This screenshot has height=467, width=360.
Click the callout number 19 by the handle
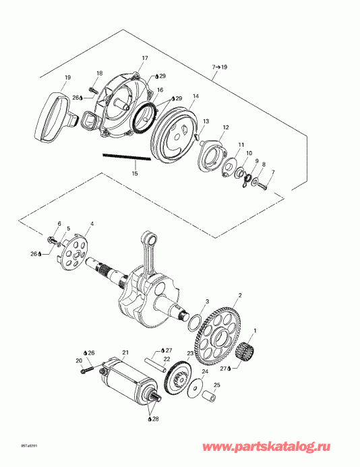click(x=67, y=78)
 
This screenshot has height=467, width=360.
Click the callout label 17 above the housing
click(x=143, y=59)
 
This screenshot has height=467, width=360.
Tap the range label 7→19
click(x=220, y=68)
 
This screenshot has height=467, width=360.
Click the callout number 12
click(x=226, y=127)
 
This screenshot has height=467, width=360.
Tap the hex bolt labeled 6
click(x=52, y=239)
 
